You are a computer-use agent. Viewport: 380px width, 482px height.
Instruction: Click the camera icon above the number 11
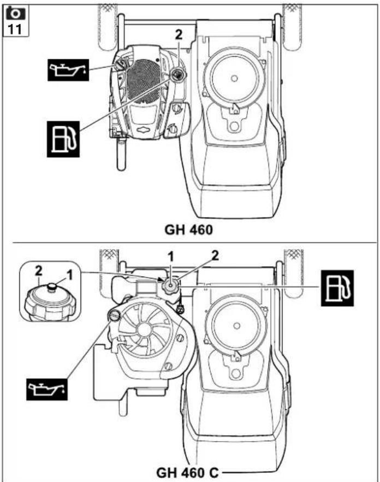pos(16,13)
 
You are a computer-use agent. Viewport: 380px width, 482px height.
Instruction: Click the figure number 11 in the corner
pos(15,29)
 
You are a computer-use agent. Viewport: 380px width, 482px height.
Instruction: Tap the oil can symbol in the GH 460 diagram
pos(68,70)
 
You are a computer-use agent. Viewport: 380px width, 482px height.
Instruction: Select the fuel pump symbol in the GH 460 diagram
pos(63,139)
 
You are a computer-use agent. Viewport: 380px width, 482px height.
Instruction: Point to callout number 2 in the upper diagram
pos(179,34)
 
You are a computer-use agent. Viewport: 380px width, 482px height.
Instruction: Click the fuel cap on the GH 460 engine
pos(177,73)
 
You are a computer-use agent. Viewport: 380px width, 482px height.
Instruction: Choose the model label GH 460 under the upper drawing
pos(188,230)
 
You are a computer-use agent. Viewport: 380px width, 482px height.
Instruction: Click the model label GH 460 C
pos(187,473)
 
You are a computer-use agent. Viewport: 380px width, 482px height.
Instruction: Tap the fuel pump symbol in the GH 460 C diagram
pos(337,288)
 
